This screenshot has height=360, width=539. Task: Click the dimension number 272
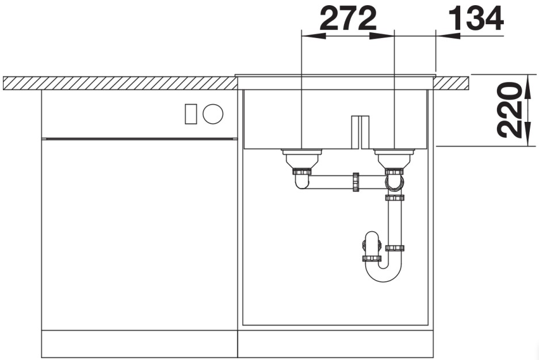click(x=348, y=19)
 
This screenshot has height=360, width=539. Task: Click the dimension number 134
click(x=476, y=19)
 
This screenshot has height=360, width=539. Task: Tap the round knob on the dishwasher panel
click(x=213, y=114)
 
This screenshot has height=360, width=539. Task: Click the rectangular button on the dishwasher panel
click(x=191, y=114)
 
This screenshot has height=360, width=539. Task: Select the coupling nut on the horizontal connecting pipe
click(x=355, y=182)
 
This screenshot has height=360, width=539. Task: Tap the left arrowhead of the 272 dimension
click(x=313, y=36)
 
